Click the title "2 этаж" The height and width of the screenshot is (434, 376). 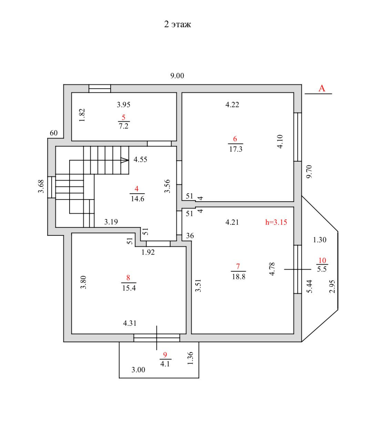[x=177, y=24]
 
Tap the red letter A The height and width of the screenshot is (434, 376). [x=321, y=88]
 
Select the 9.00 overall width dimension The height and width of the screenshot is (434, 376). [x=177, y=76]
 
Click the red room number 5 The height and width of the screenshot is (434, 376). [x=123, y=117]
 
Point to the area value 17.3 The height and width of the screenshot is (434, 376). [x=236, y=149]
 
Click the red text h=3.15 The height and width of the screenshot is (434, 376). [x=276, y=222]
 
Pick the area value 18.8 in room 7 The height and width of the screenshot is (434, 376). [x=238, y=276]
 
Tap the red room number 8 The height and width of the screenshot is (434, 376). [x=128, y=277]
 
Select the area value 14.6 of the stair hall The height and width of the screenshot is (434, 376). [x=137, y=199]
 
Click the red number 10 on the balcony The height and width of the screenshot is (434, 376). [x=322, y=261]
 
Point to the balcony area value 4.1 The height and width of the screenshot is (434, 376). [x=165, y=364]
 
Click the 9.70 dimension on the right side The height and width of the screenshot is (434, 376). [x=309, y=171]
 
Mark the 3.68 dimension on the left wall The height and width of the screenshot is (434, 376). [x=41, y=186]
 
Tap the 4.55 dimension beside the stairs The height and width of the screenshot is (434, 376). [x=141, y=160]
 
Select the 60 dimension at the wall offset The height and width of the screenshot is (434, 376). [x=54, y=133]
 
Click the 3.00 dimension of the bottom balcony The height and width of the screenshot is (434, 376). [x=138, y=370]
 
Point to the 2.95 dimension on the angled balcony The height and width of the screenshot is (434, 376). [x=332, y=286]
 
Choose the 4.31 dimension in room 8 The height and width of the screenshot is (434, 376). [x=130, y=323]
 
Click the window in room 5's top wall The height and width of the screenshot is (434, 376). [x=100, y=88]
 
